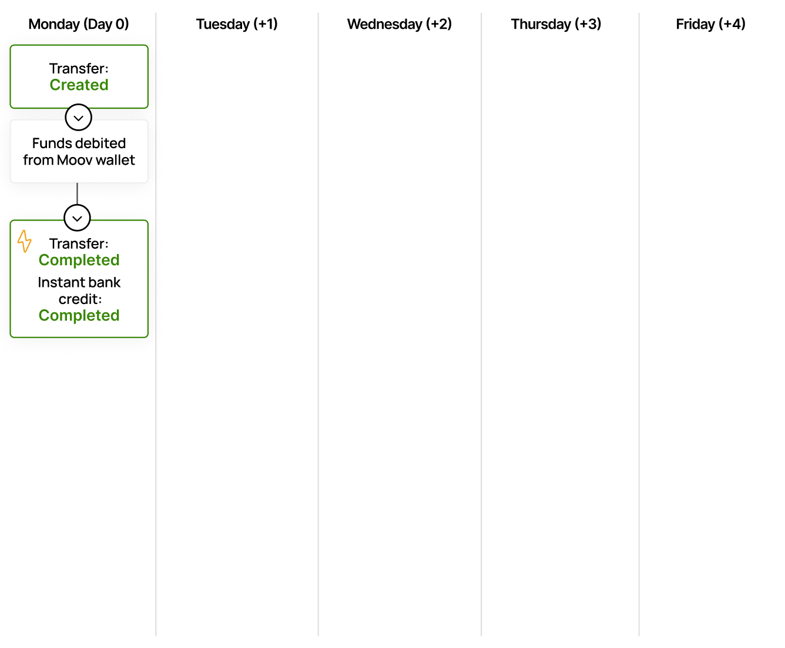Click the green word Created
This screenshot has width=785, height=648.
(79, 85)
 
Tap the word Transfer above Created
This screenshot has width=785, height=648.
(77, 69)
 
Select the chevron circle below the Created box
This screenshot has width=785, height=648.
(78, 118)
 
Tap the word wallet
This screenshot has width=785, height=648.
(115, 160)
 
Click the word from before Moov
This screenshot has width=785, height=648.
(38, 160)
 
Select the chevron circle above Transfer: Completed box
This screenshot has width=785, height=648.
(77, 218)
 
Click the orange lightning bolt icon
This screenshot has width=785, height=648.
(24, 241)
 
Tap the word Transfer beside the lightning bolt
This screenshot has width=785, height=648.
(77, 244)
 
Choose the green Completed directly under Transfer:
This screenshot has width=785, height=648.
(79, 260)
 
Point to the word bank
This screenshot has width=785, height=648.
(104, 283)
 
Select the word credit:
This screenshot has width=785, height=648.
(80, 299)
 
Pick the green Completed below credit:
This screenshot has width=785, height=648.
(79, 316)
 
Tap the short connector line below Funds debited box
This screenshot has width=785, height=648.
(77, 194)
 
